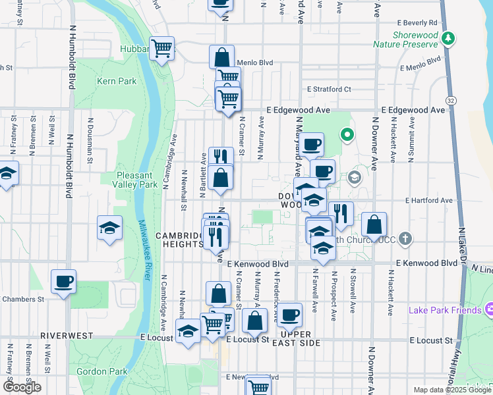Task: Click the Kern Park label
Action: click(116, 81)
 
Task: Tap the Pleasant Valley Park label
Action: click(137, 180)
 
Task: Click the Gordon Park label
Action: click(101, 371)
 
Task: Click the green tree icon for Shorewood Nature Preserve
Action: click(448, 38)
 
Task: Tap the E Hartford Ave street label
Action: click(429, 200)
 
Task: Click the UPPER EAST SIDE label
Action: click(295, 338)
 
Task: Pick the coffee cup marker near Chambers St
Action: click(63, 282)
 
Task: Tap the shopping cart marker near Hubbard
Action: click(161, 48)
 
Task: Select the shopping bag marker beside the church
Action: click(374, 224)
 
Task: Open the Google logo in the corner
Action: click(22, 387)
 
